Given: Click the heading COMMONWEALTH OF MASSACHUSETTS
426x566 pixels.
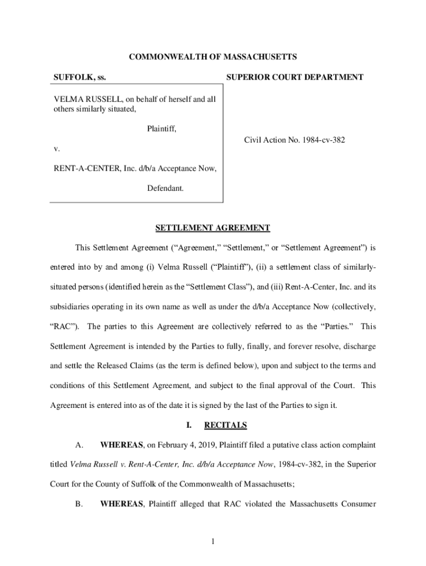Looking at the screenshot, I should point(213,57).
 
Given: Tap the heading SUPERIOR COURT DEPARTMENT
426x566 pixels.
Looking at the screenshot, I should point(295,77).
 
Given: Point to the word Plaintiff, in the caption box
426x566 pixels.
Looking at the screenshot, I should point(162,129).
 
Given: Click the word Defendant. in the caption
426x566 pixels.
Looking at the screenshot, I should point(165,188).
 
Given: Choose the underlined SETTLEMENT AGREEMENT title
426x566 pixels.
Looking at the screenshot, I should point(212,228).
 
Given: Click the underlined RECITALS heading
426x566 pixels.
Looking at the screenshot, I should point(225,425).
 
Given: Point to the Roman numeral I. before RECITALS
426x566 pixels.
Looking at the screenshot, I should point(189,425).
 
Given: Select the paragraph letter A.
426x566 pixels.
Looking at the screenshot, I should point(80,445).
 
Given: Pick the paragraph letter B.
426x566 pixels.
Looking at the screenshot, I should point(80,504).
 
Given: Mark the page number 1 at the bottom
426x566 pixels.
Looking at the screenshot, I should point(212,542).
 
